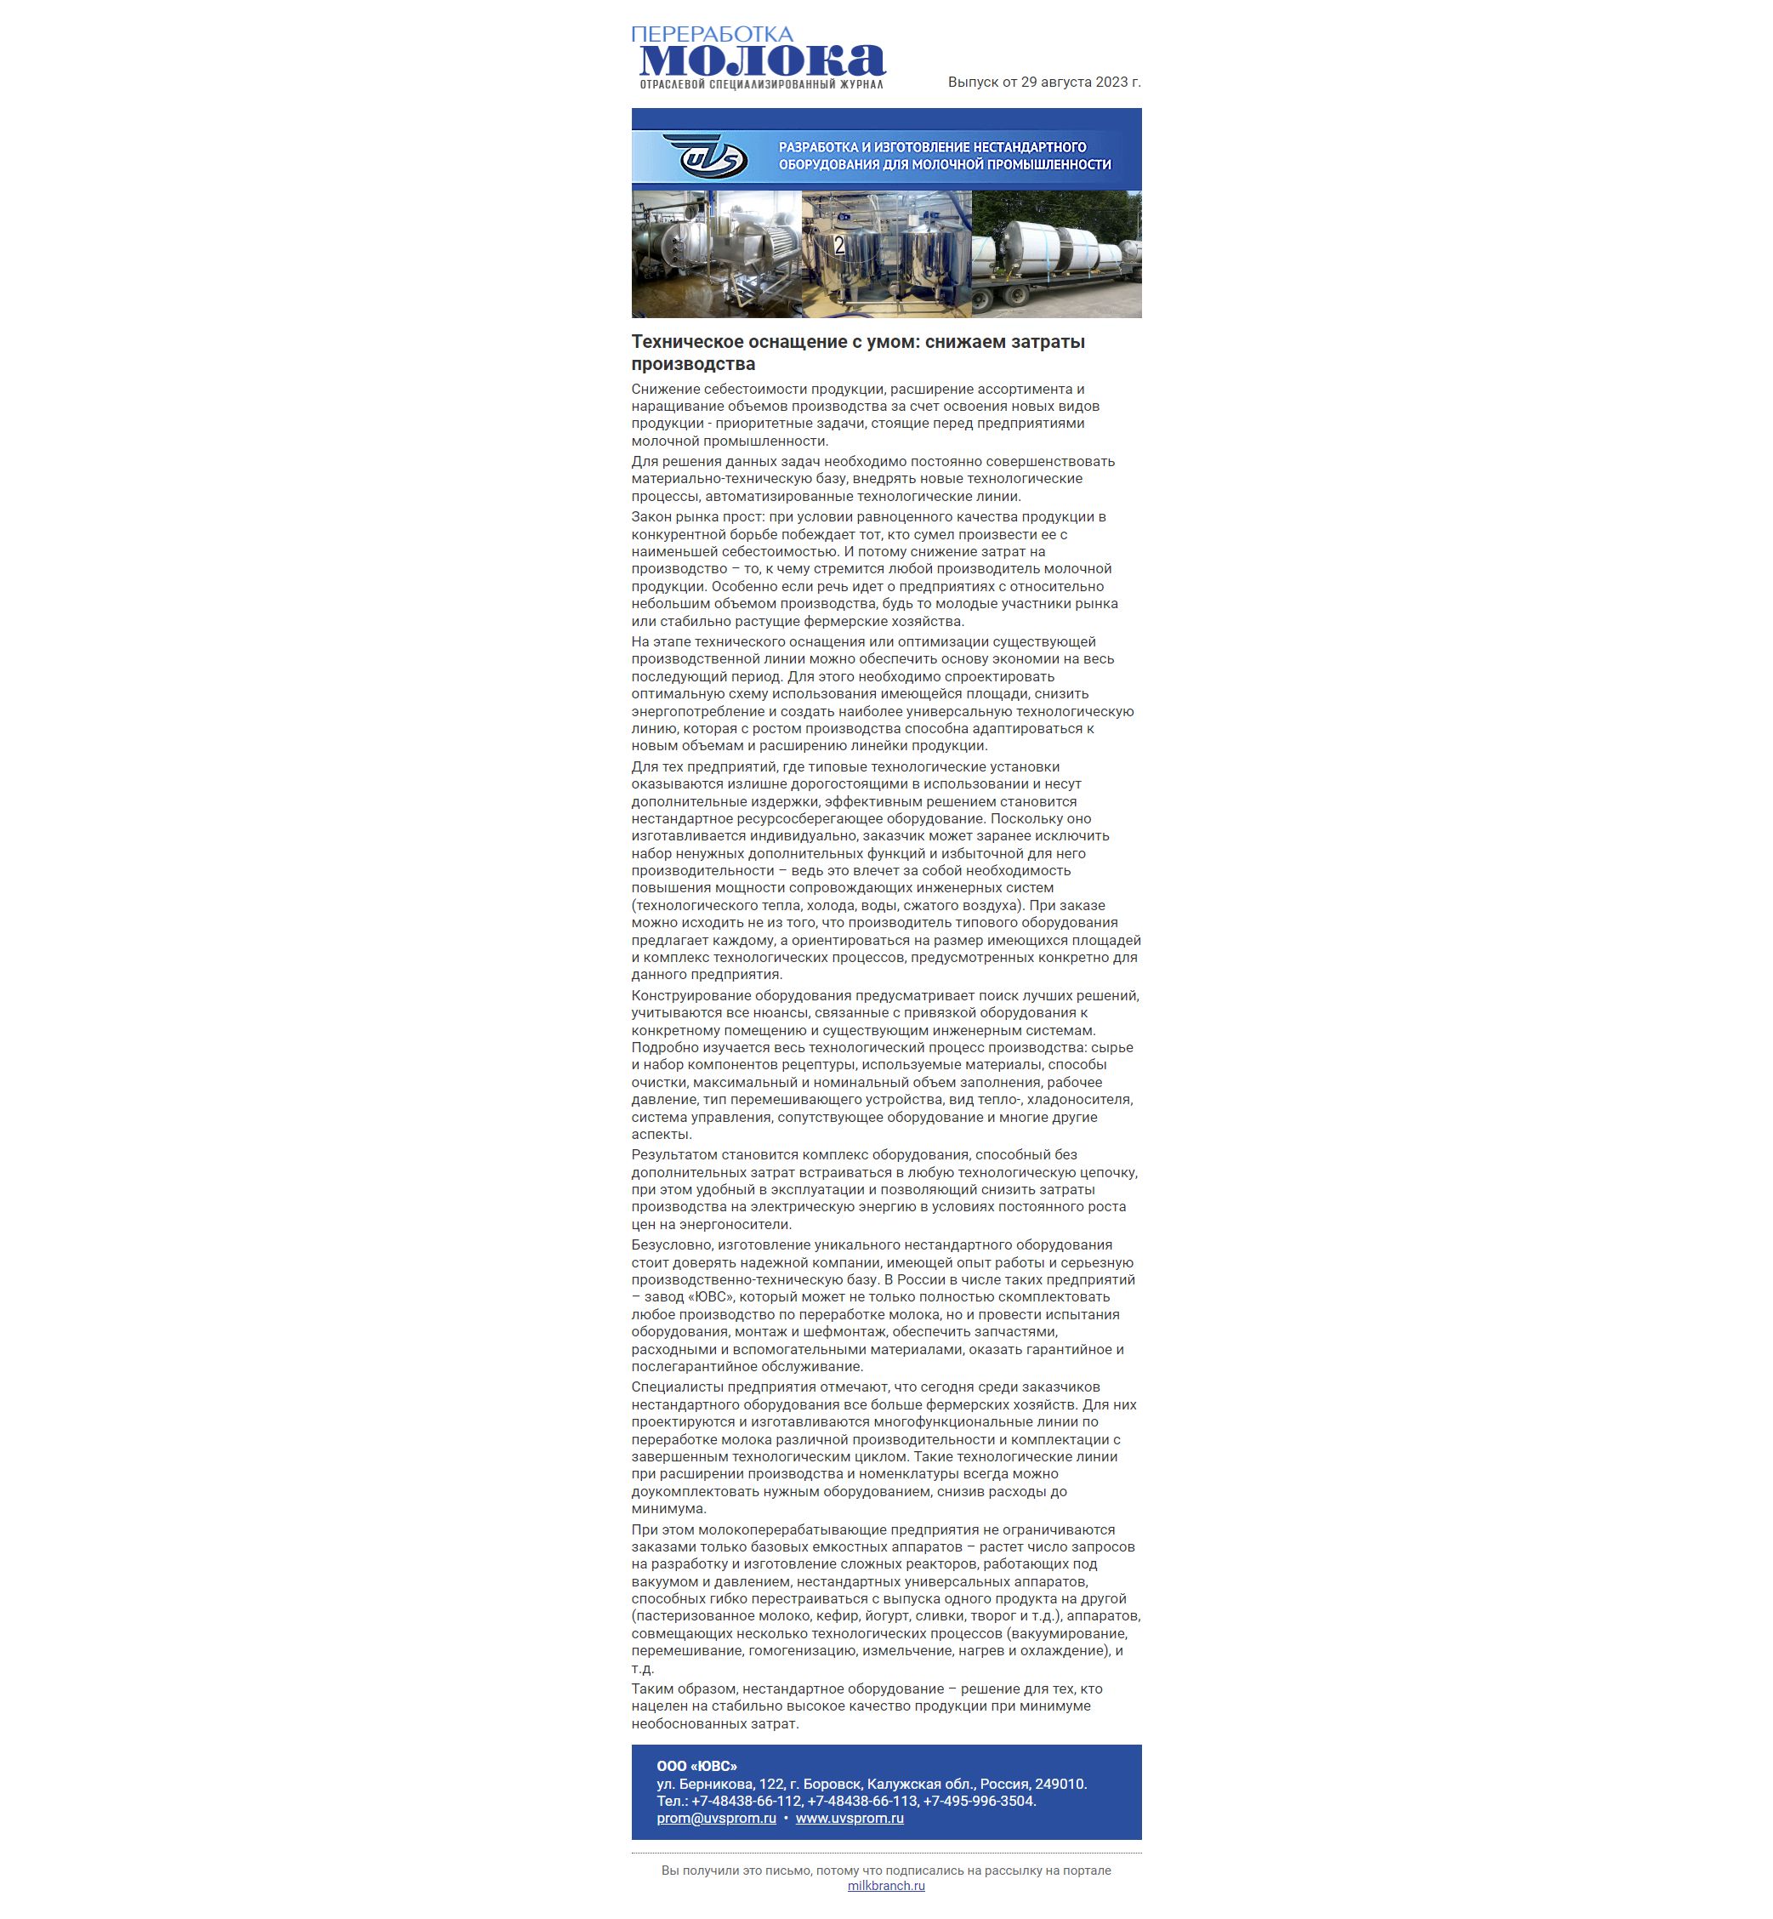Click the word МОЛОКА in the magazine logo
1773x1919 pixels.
(762, 60)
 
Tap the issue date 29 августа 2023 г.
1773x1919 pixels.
(1080, 83)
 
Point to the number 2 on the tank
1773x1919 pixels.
(839, 246)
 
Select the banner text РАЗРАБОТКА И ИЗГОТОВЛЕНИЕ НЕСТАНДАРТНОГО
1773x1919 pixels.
(932, 147)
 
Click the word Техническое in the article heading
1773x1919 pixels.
(687, 342)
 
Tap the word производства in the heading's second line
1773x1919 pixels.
(693, 364)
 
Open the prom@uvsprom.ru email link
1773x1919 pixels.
(716, 1819)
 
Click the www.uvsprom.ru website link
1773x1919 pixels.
(849, 1819)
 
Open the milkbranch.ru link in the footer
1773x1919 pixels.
(885, 1886)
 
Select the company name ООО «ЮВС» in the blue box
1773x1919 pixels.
(696, 1766)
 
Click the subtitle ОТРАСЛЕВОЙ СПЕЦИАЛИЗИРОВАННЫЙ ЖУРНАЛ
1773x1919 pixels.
(761, 85)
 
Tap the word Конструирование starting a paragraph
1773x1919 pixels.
(690, 995)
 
